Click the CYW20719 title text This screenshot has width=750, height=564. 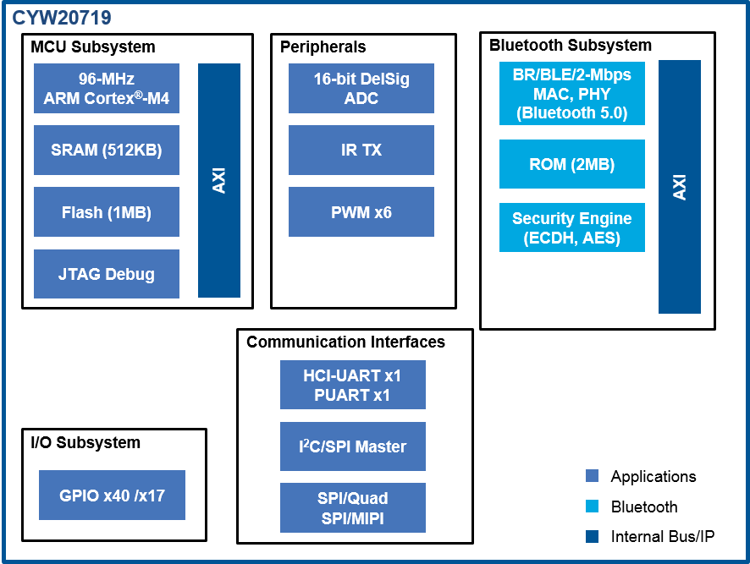pyautogui.click(x=61, y=17)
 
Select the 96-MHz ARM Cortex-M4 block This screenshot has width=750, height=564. pyautogui.click(x=107, y=88)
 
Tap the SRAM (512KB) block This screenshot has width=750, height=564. pyautogui.click(x=107, y=150)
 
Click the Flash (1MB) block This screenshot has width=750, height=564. pyautogui.click(x=107, y=212)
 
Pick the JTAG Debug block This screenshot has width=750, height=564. pyautogui.click(x=107, y=274)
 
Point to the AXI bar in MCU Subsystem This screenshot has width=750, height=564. pyautogui.click(x=219, y=180)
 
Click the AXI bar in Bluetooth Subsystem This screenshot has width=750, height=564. pyautogui.click(x=680, y=187)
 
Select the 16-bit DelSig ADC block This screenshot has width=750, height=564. pyautogui.click(x=361, y=88)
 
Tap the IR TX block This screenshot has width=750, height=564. pyautogui.click(x=361, y=150)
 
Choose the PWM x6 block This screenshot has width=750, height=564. pyautogui.click(x=361, y=211)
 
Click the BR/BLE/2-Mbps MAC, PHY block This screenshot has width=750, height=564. pyautogui.click(x=572, y=93)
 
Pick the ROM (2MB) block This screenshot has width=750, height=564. pyautogui.click(x=572, y=164)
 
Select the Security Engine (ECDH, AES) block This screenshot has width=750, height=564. pyautogui.click(x=572, y=227)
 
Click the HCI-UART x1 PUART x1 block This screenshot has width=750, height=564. pyautogui.click(x=353, y=385)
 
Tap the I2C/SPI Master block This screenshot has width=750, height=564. pyautogui.click(x=353, y=446)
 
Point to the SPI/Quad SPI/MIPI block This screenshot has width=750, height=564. pyautogui.click(x=353, y=507)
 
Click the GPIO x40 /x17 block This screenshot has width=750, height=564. pyautogui.click(x=112, y=496)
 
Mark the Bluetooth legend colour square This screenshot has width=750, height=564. pyautogui.click(x=592, y=507)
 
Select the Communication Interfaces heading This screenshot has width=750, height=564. pyautogui.click(x=345, y=342)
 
